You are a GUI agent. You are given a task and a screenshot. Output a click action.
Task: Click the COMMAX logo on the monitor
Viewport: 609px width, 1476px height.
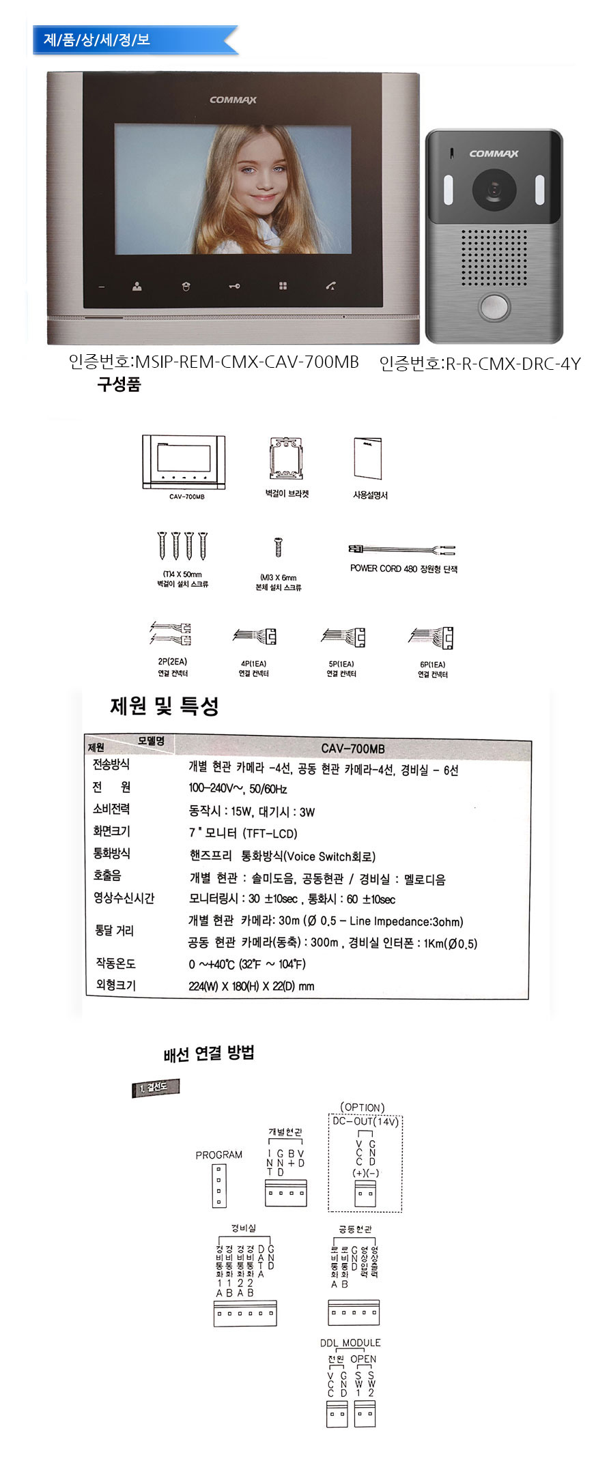(233, 100)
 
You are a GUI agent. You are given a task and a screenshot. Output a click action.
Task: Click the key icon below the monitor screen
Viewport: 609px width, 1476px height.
(234, 287)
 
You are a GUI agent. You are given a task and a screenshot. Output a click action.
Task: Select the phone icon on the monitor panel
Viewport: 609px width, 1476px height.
(330, 287)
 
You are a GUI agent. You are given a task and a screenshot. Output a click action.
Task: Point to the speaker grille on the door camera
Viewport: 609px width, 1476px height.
(493, 257)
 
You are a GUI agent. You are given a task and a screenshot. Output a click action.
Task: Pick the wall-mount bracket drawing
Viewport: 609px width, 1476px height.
(287, 458)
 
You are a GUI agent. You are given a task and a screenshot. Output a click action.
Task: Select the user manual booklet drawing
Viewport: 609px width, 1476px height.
(368, 459)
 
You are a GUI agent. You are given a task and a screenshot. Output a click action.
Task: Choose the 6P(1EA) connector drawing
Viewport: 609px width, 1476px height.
(432, 637)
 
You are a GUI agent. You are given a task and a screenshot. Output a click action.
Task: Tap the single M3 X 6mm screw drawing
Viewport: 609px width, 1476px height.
(278, 547)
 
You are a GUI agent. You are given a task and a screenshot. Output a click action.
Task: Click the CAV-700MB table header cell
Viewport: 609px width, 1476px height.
(352, 749)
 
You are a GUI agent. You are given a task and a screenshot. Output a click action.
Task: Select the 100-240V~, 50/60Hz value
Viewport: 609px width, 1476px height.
(238, 789)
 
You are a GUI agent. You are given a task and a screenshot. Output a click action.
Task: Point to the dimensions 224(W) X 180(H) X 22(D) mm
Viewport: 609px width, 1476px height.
(251, 986)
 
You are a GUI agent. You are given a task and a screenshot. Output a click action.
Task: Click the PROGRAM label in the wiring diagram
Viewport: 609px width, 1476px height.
(218, 1155)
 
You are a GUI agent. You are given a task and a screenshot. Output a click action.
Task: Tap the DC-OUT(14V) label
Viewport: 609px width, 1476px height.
(365, 1121)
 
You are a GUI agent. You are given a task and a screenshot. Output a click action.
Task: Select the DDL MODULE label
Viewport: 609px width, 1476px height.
(350, 1342)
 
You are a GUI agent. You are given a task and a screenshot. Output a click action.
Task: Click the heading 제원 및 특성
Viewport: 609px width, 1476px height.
(165, 706)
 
